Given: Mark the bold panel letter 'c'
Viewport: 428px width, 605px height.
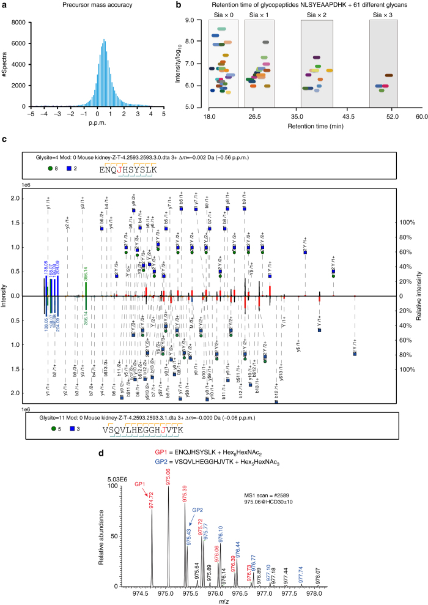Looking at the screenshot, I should pyautogui.click(x=4, y=140).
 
